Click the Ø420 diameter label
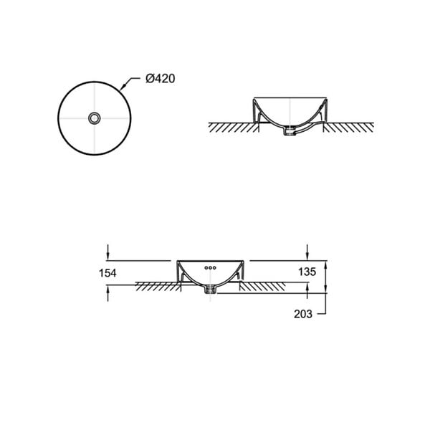(x=160, y=79)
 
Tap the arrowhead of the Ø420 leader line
(x=123, y=87)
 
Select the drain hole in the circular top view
(x=95, y=118)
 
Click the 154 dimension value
(x=107, y=273)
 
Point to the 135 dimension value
(x=307, y=272)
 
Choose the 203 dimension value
(x=303, y=314)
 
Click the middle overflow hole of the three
(x=210, y=267)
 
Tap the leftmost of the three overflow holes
(x=206, y=267)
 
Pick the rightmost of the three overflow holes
(x=214, y=267)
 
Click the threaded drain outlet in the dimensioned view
(x=210, y=289)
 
